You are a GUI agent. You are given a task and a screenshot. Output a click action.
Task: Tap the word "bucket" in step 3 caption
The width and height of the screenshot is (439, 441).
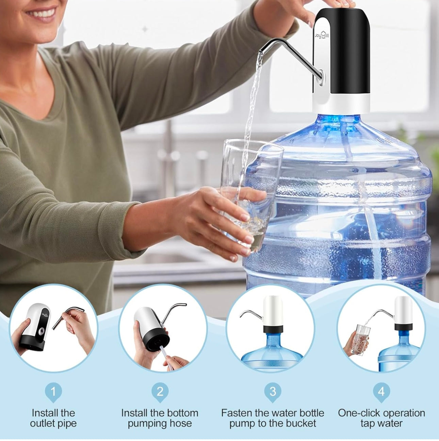(299, 423)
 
